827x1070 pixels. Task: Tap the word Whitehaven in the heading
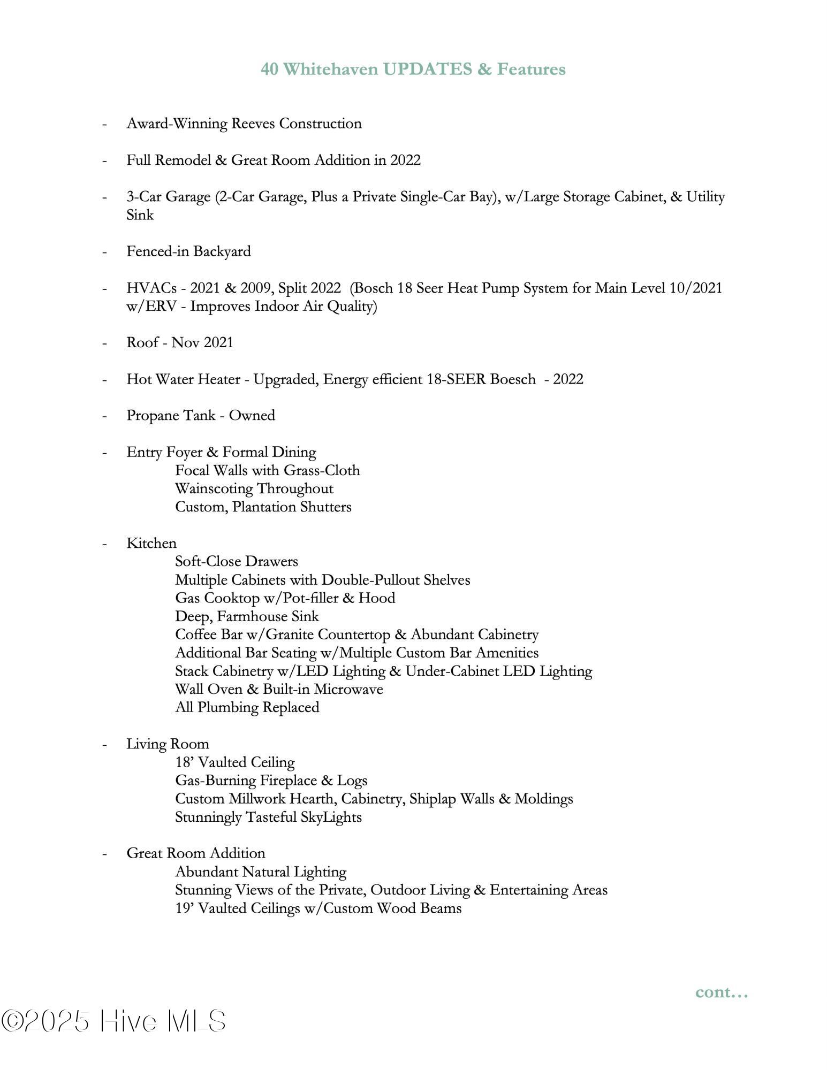[x=330, y=69]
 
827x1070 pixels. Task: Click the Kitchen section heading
[x=151, y=544]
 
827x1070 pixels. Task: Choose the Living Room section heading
[x=168, y=744]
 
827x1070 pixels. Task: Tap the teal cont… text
[x=721, y=992]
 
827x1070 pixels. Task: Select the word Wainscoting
[x=213, y=489]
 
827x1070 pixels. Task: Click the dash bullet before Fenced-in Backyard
[x=105, y=252]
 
